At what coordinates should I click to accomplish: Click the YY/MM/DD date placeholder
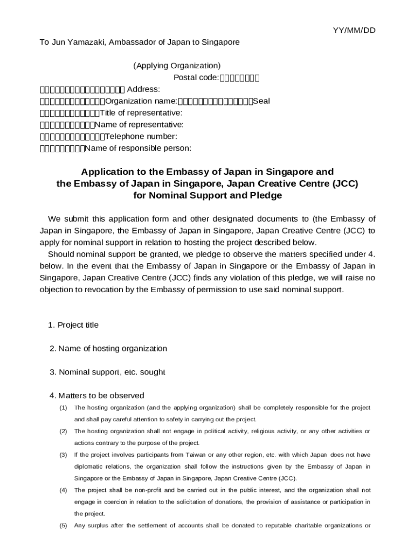click(354, 30)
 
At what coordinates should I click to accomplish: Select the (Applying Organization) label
click(177, 66)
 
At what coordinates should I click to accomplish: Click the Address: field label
click(143, 89)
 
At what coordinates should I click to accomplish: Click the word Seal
click(261, 101)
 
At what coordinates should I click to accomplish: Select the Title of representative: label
click(141, 113)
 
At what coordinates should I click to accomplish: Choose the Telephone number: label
click(141, 137)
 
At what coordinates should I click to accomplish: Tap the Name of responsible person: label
click(138, 148)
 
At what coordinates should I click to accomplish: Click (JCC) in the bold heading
click(345, 183)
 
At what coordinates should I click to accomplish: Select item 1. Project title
click(73, 325)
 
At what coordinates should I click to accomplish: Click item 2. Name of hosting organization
click(108, 349)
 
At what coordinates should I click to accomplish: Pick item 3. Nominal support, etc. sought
click(107, 372)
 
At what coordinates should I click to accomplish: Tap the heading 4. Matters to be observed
click(97, 395)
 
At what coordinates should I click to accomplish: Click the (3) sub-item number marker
click(63, 455)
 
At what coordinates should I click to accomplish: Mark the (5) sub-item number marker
click(63, 526)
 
